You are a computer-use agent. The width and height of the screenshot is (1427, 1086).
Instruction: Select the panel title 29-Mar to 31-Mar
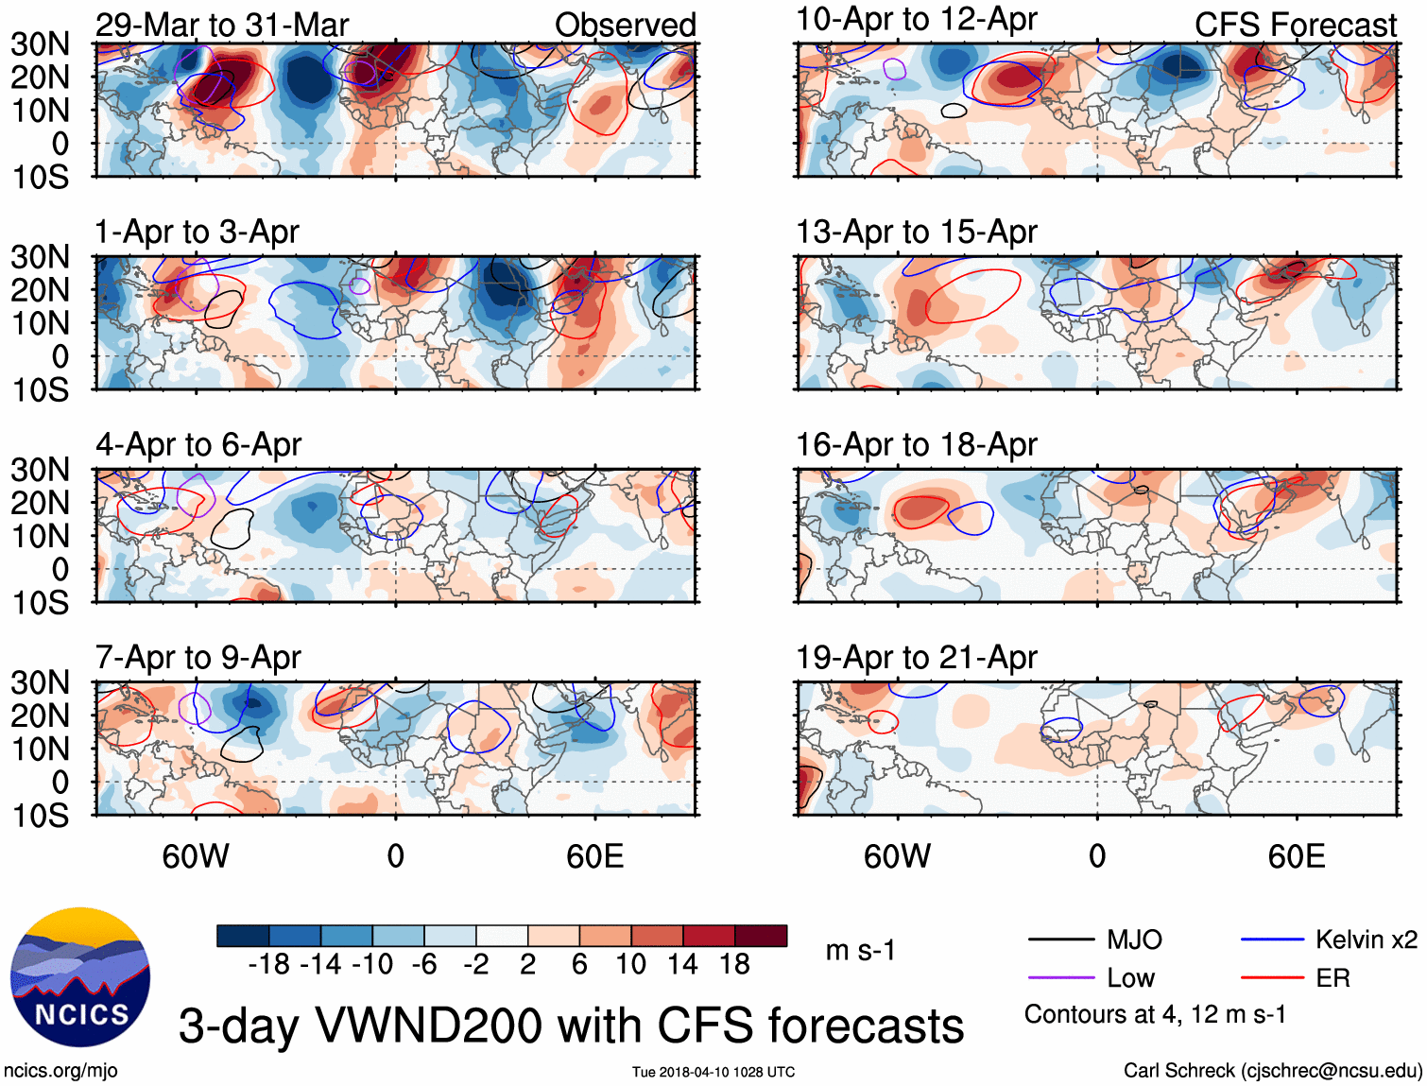point(222,25)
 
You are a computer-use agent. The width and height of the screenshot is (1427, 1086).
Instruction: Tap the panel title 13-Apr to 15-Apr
point(917,232)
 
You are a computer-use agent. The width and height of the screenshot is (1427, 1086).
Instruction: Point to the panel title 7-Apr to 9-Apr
point(198,657)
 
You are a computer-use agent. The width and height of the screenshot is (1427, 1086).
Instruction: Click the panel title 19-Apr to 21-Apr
point(917,657)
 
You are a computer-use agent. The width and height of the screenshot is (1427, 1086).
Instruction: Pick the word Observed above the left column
point(626,25)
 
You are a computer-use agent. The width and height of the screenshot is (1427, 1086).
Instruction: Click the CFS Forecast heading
point(1296,25)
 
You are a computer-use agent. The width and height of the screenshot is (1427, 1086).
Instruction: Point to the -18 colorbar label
point(269,964)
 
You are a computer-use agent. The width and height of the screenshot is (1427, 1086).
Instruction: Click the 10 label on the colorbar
point(630,964)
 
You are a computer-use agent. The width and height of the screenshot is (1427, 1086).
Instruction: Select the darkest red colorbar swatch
point(761,936)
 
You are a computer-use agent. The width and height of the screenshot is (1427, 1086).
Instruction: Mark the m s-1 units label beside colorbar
point(860,950)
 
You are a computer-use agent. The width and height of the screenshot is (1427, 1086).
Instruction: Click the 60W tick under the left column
point(196,856)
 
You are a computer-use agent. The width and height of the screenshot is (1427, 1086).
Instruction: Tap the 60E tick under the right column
point(1297,856)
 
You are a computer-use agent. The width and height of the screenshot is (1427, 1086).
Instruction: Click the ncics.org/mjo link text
point(60,1070)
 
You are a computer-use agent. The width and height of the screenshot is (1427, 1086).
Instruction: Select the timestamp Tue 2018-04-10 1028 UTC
point(713,1072)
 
